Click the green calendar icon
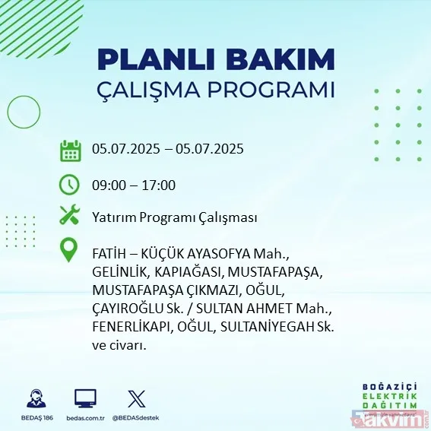point(70,150)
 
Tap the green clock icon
point(70,185)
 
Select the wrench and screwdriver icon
point(70,216)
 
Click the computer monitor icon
point(85,399)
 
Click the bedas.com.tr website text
point(84,419)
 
